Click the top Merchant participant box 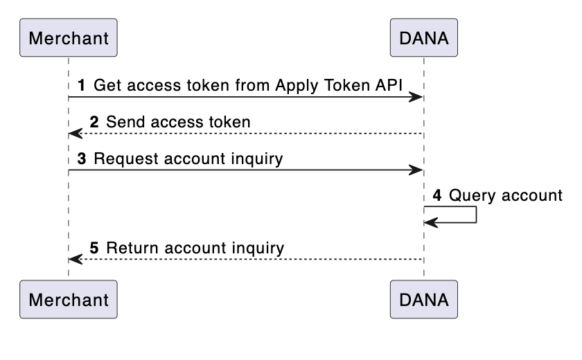click(x=69, y=37)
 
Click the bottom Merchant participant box click(x=69, y=299)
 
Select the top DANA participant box click(x=424, y=37)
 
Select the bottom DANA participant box click(x=424, y=299)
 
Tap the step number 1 click(x=82, y=86)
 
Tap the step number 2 click(x=95, y=123)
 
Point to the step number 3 click(x=82, y=159)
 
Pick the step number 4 click(x=437, y=195)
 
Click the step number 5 click(x=95, y=247)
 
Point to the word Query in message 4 click(x=468, y=195)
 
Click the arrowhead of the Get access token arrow click(x=416, y=97)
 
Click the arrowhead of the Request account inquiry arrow click(x=416, y=170)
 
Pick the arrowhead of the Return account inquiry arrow click(x=76, y=258)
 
